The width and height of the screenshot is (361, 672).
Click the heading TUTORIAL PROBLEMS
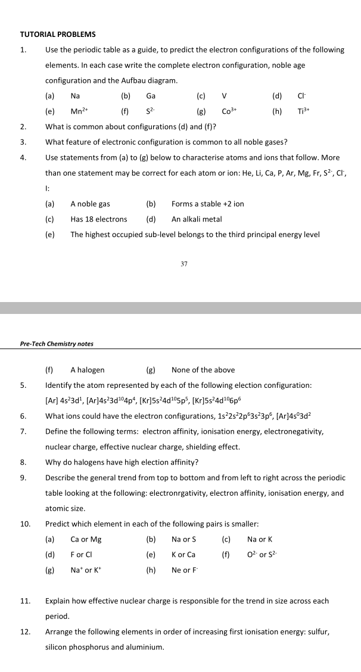(x=58, y=35)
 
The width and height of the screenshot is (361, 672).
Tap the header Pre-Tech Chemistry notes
(x=57, y=344)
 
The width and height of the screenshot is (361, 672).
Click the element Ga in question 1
(x=151, y=95)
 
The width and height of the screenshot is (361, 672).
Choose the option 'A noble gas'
(x=90, y=204)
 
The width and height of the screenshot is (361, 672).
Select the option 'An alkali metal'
(x=197, y=219)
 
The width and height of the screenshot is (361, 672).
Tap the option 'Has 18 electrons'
(x=98, y=219)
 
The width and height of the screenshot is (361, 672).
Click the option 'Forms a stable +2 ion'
(x=207, y=204)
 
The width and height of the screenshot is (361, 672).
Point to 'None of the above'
(x=203, y=370)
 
